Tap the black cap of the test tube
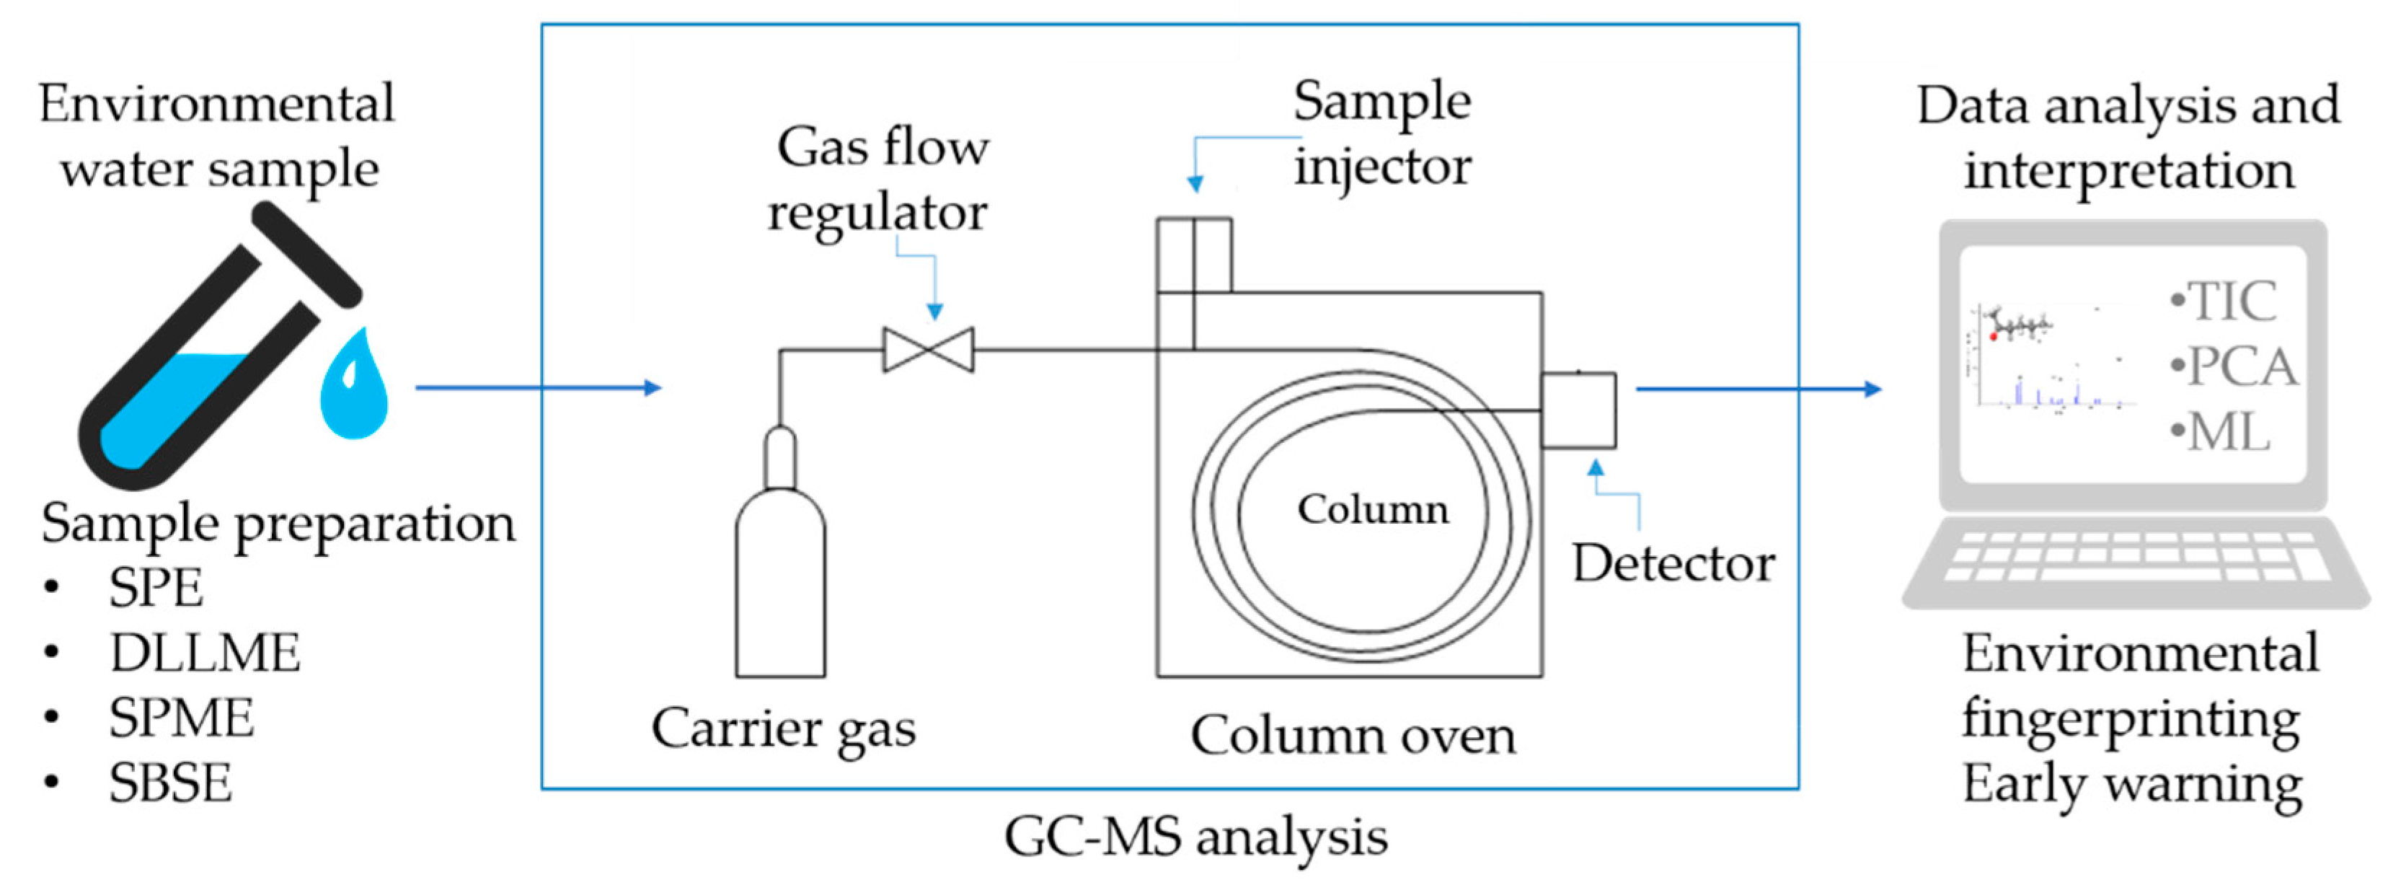click(306, 255)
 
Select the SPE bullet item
click(155, 588)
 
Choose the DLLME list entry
click(204, 653)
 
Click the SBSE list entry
click(169, 783)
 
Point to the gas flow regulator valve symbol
click(929, 351)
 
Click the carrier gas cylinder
click(780, 578)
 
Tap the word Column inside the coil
click(1373, 510)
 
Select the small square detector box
click(1578, 410)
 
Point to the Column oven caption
click(1353, 736)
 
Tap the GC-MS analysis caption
click(1196, 837)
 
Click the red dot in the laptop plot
click(1994, 335)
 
